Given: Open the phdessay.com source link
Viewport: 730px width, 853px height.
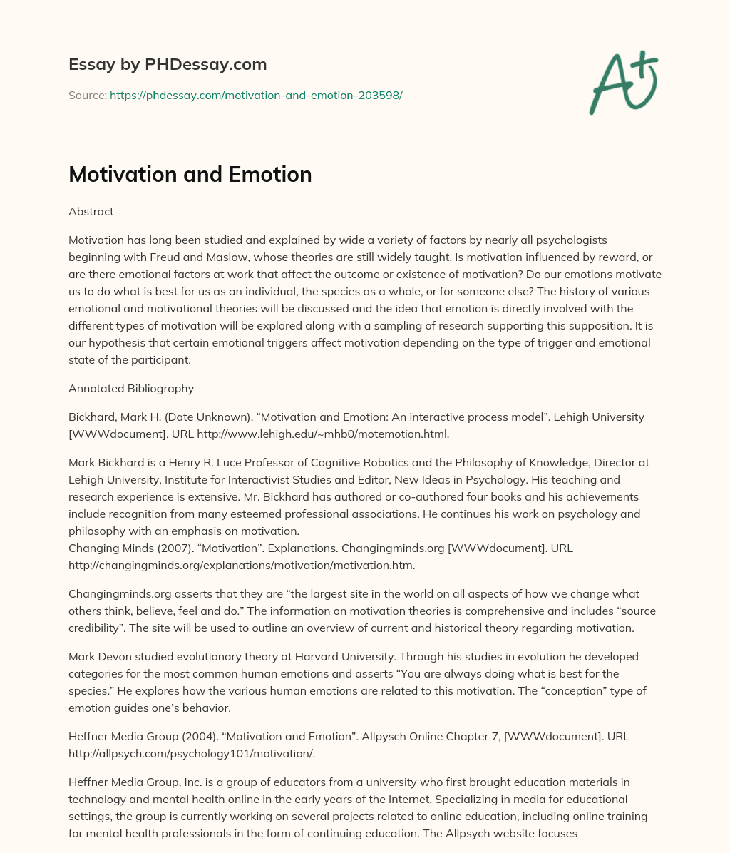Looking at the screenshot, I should point(256,95).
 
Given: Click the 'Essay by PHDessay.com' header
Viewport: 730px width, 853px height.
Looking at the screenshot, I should point(168,64).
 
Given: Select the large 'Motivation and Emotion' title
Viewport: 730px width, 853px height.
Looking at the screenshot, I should point(190,174).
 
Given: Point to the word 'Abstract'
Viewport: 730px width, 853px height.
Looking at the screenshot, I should point(91,211).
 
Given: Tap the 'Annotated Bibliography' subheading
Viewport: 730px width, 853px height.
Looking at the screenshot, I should point(131,388).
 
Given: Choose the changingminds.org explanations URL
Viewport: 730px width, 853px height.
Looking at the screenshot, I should point(242,565).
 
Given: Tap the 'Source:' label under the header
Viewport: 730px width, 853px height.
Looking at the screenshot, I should point(87,95).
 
